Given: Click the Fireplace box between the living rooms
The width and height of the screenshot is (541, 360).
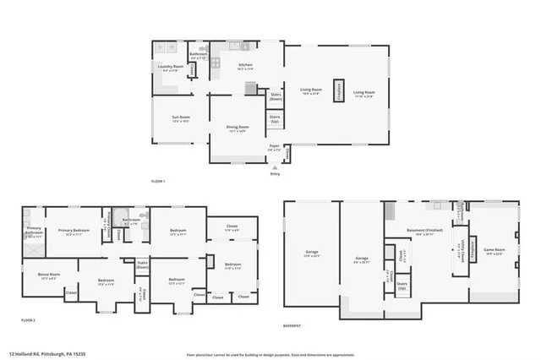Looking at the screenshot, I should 340,92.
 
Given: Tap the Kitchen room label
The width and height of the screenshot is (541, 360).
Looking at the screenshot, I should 245,66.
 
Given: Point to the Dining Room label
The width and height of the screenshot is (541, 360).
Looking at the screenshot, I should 237,128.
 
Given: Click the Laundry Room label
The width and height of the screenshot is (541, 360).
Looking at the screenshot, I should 166,67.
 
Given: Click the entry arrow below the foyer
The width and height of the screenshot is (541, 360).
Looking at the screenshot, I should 274,166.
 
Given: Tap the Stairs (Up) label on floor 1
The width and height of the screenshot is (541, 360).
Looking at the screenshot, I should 275,119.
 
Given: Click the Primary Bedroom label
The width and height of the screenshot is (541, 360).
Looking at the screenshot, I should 74,232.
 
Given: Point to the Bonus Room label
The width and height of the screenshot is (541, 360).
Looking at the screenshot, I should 48,275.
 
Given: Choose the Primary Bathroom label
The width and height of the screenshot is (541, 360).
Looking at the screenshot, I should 34,231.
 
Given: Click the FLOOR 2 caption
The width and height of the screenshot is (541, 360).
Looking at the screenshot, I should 28,320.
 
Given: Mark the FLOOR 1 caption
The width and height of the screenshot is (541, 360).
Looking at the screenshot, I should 157,181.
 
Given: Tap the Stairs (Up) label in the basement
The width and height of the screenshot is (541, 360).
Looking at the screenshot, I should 402,286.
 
